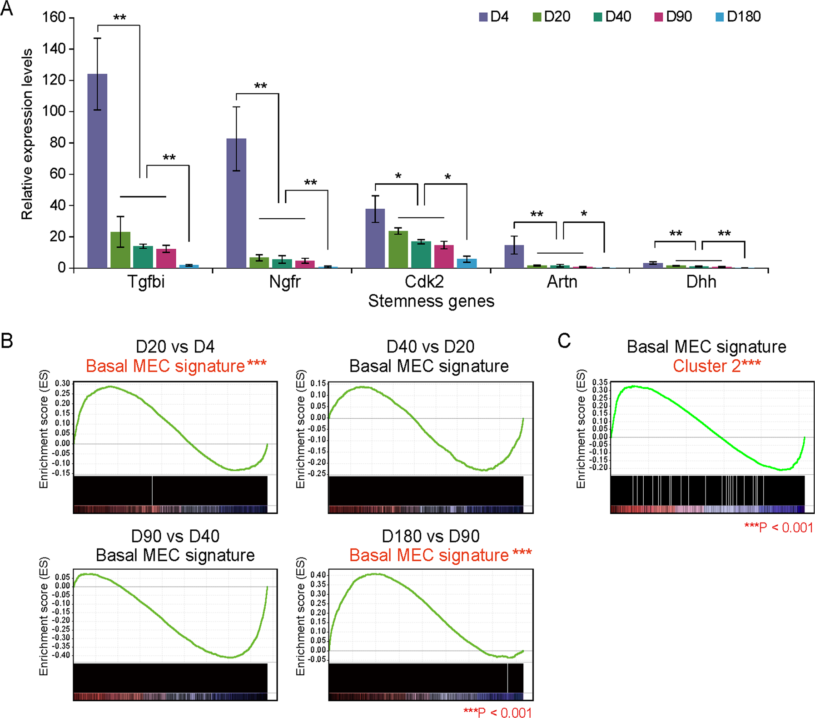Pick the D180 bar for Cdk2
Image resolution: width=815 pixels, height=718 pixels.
467,263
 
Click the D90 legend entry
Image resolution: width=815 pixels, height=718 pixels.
673,17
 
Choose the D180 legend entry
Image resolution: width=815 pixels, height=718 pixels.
738,17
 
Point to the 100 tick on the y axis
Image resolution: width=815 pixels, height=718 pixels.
54,111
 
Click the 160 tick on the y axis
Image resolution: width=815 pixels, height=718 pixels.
54,17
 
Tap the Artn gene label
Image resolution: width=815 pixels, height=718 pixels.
562,282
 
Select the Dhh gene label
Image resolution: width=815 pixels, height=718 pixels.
701,282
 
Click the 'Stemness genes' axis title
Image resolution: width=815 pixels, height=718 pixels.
431,301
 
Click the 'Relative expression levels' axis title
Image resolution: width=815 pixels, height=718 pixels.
27,135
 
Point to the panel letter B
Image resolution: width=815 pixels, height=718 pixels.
7,341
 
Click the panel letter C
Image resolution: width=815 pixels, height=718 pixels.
564,341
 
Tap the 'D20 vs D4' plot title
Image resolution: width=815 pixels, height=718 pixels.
175,347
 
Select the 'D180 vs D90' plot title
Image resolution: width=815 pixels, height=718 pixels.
430,537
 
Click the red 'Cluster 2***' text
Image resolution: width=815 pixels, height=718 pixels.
716,366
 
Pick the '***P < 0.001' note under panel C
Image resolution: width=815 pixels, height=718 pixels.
778,527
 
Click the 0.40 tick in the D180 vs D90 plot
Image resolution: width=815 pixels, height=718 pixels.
318,575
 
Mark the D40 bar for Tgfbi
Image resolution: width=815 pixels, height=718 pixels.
143,257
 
